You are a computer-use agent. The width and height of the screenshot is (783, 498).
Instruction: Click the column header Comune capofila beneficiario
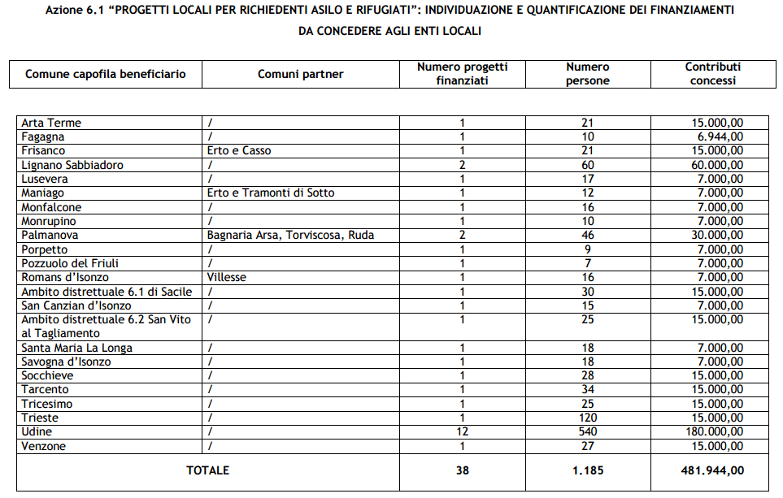tap(106, 74)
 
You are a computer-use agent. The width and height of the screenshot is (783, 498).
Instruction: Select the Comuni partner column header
tap(301, 74)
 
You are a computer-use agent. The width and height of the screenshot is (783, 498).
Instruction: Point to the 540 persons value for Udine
tap(588, 432)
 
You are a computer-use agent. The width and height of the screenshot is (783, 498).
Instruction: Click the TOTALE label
tap(208, 470)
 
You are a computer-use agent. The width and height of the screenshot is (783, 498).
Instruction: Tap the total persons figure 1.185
tap(588, 470)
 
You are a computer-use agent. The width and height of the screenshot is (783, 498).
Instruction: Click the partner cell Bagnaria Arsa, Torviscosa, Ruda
tap(290, 236)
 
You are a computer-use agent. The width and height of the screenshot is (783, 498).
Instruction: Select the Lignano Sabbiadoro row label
tap(72, 165)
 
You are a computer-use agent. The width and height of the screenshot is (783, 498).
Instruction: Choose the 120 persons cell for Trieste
tap(588, 418)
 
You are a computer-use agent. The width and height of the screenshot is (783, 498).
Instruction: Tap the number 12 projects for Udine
tap(462, 432)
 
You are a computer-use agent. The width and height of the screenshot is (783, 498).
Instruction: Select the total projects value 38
tap(462, 470)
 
